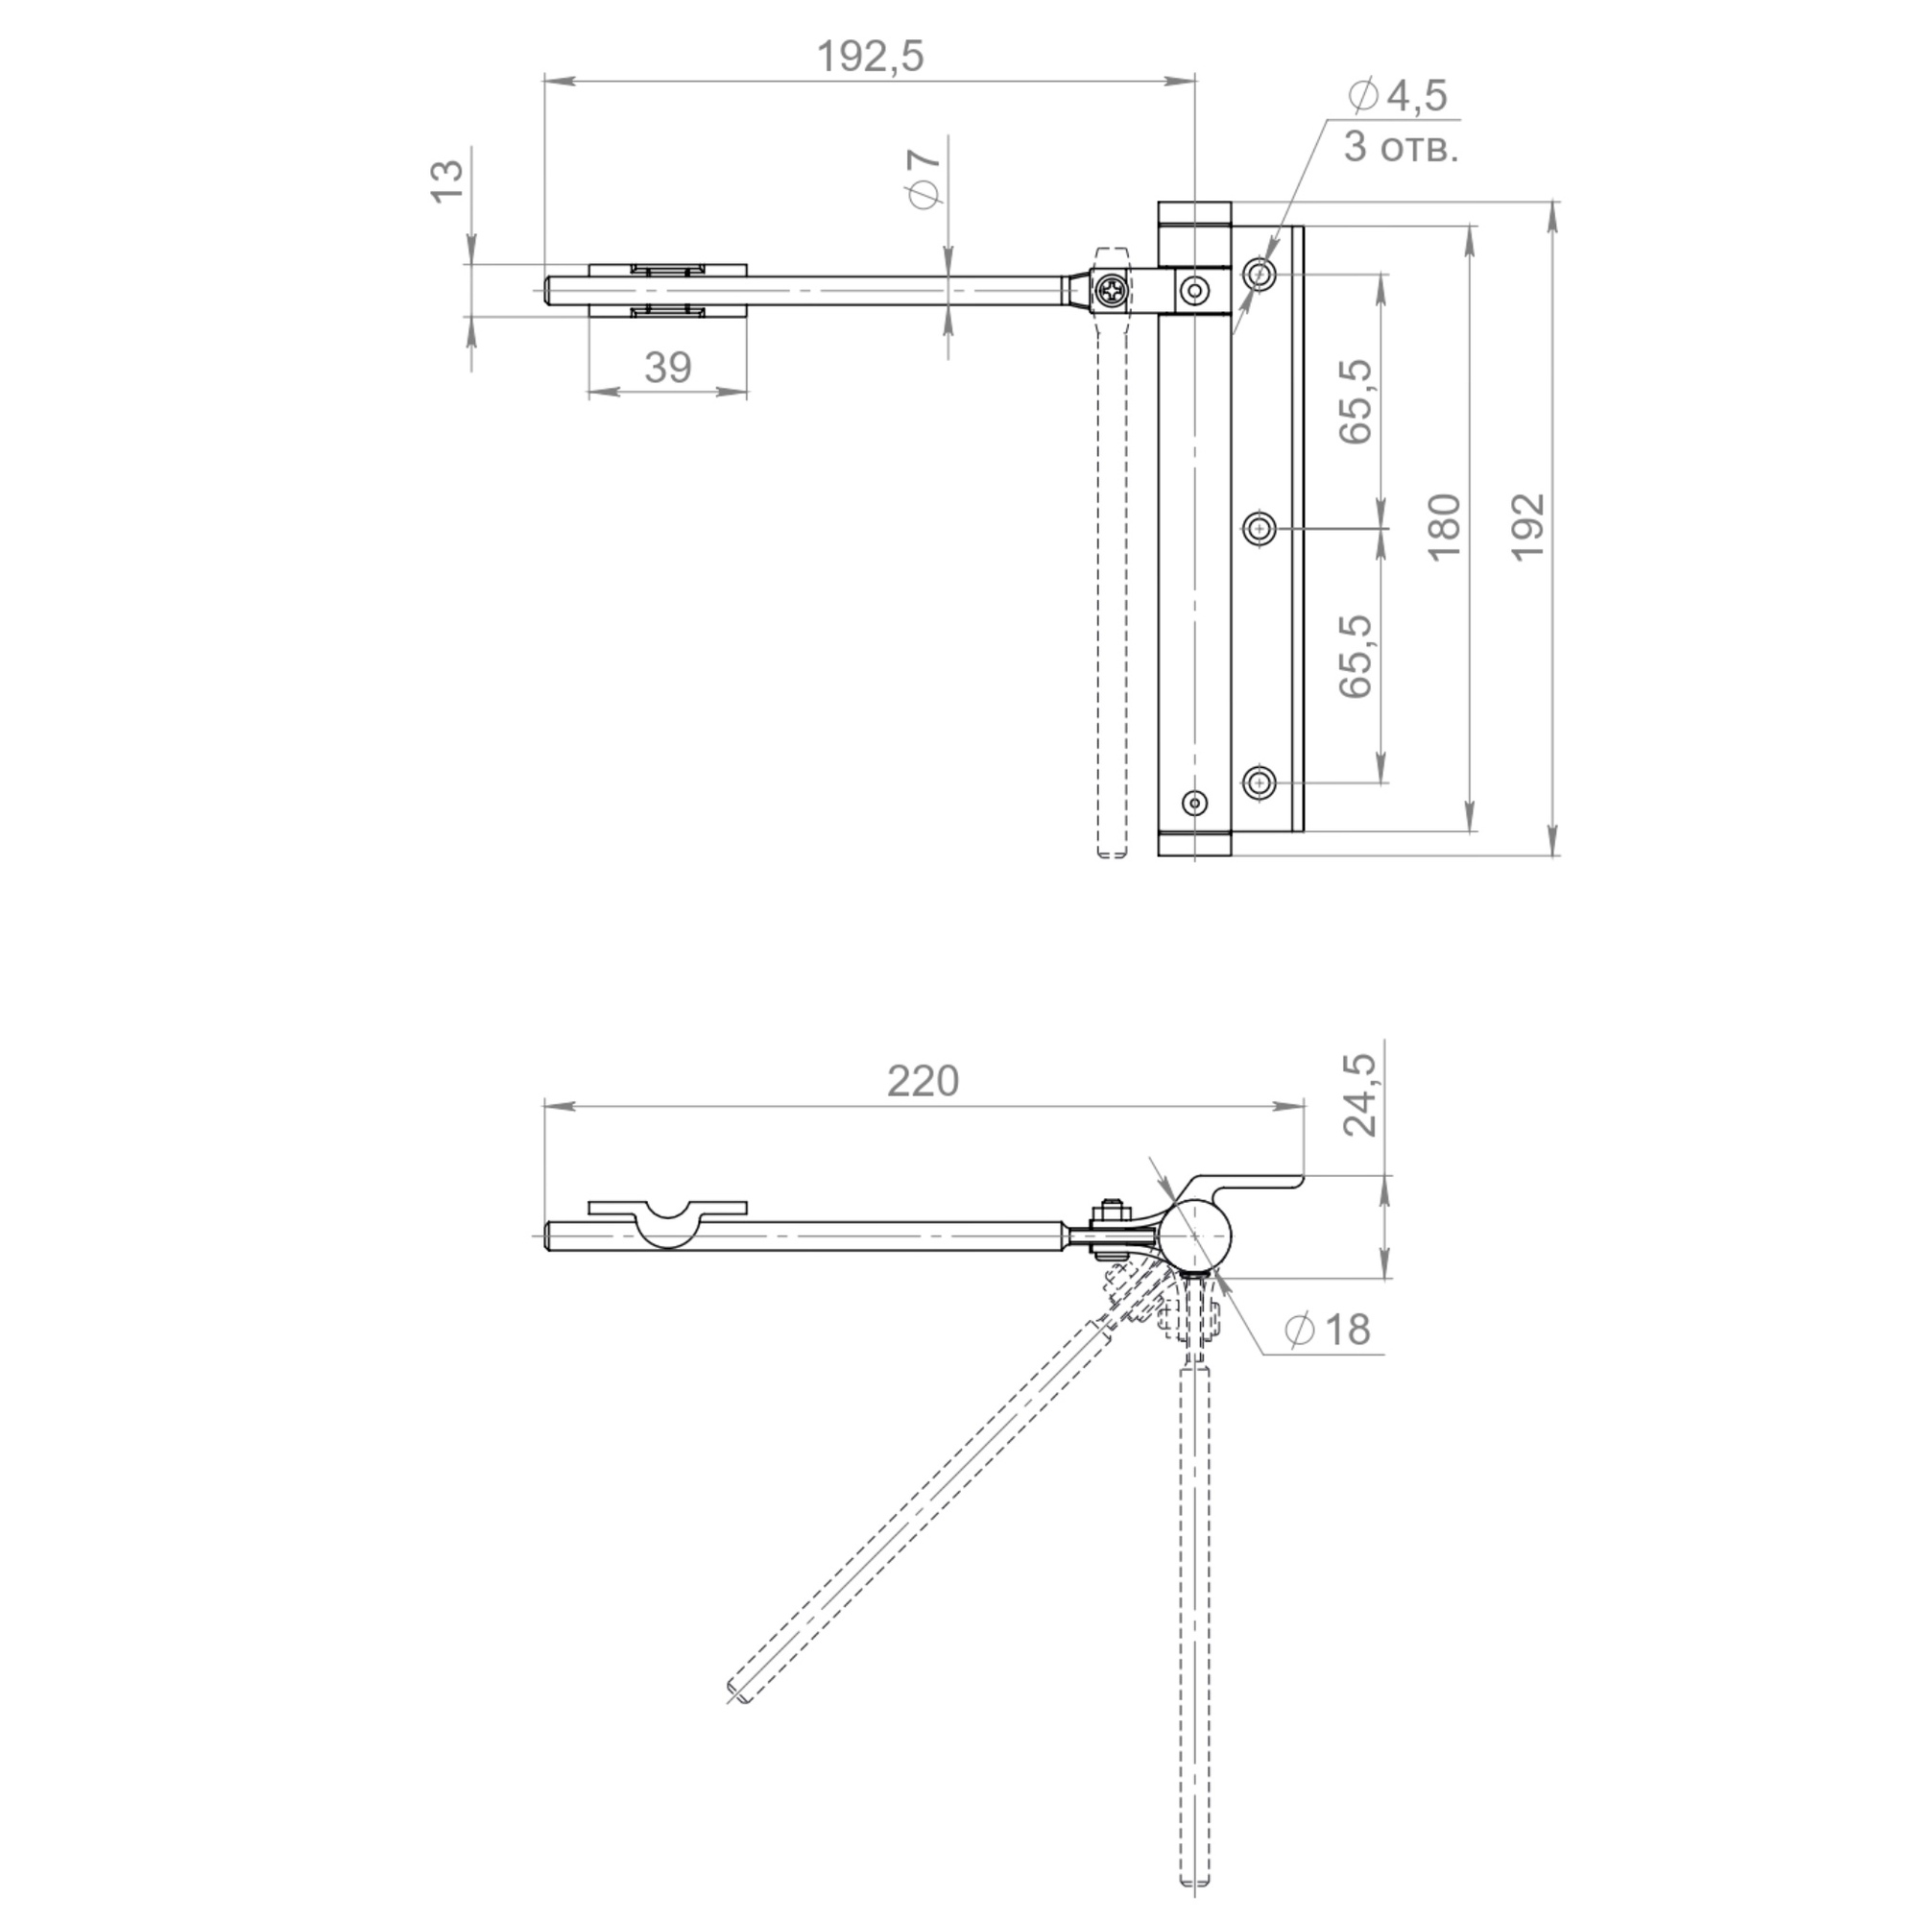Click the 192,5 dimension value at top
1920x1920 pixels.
tap(870, 57)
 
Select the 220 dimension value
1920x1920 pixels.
tap(923, 1081)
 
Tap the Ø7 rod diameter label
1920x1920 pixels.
tap(924, 179)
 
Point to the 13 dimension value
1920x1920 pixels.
tap(448, 180)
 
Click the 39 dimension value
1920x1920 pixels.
tap(667, 368)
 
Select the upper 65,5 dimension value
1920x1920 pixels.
tap(1356, 400)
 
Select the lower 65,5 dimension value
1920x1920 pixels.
tap(1356, 656)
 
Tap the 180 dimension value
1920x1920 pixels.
tap(1445, 527)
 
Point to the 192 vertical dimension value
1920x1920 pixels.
tap(1528, 527)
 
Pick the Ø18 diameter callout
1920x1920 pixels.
tap(1328, 1330)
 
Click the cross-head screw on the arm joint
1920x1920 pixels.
tap(1109, 291)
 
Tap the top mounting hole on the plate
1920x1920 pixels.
tap(1260, 274)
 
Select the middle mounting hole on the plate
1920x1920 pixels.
tap(1260, 529)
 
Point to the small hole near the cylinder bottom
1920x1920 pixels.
tap(1194, 802)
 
